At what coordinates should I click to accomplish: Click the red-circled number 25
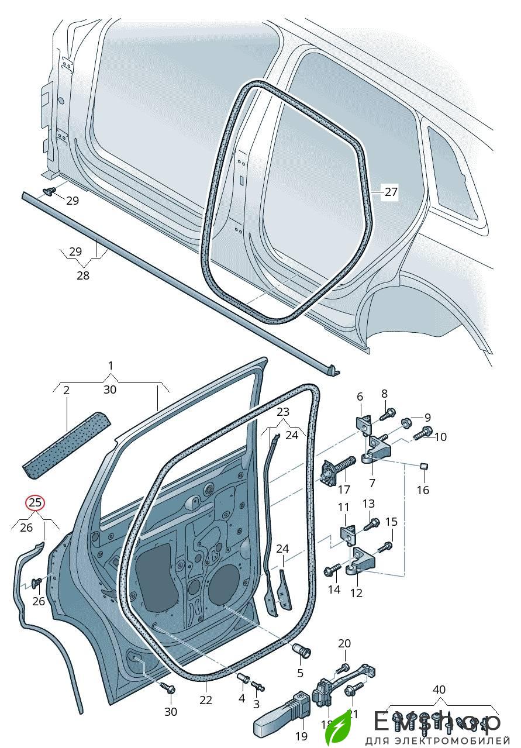35,502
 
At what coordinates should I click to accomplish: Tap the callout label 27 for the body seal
391,191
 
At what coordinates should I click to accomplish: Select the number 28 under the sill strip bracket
83,275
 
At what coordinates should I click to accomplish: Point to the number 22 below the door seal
206,701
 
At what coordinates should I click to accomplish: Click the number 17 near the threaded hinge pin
344,490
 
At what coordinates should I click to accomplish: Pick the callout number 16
422,490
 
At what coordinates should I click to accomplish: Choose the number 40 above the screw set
439,690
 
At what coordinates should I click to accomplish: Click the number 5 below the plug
300,673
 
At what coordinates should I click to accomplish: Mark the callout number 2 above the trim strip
66,389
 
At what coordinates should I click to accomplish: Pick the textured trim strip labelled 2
67,441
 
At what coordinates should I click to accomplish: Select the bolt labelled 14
333,567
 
